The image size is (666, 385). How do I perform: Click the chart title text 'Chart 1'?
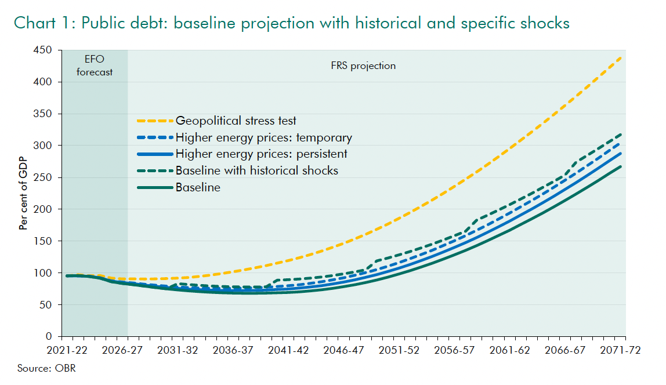point(44,23)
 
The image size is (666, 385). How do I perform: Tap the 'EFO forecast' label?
point(95,66)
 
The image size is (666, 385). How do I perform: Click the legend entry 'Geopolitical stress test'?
point(236,121)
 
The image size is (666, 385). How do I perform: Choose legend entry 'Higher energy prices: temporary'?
point(263,137)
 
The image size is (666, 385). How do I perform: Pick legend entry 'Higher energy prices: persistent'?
point(261,154)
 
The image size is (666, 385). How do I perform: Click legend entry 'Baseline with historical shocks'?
point(256,170)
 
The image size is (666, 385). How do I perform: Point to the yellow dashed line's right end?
point(622,57)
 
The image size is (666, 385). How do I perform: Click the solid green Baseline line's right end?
point(622,166)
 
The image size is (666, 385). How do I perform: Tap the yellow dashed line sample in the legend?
point(155,121)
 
